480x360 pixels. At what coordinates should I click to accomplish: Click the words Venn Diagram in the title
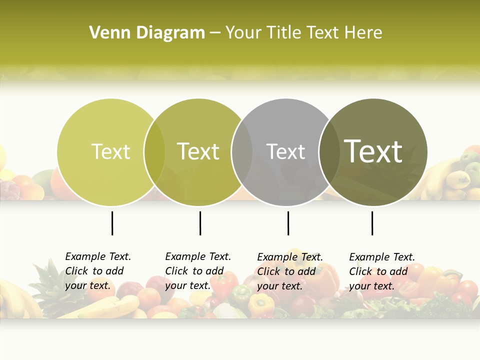147,33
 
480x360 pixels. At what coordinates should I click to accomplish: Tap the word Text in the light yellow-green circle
110,151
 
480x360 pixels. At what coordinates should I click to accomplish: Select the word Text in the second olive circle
198,151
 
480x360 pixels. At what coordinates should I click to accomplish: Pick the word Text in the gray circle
285,151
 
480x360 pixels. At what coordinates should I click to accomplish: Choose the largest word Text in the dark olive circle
373,151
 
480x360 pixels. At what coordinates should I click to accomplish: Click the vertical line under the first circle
112,223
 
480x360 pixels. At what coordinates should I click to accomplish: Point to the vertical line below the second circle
200,223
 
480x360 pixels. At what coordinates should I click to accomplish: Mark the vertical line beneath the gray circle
288,223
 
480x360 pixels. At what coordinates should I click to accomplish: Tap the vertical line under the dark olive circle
372,223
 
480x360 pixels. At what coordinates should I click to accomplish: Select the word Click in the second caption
176,271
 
